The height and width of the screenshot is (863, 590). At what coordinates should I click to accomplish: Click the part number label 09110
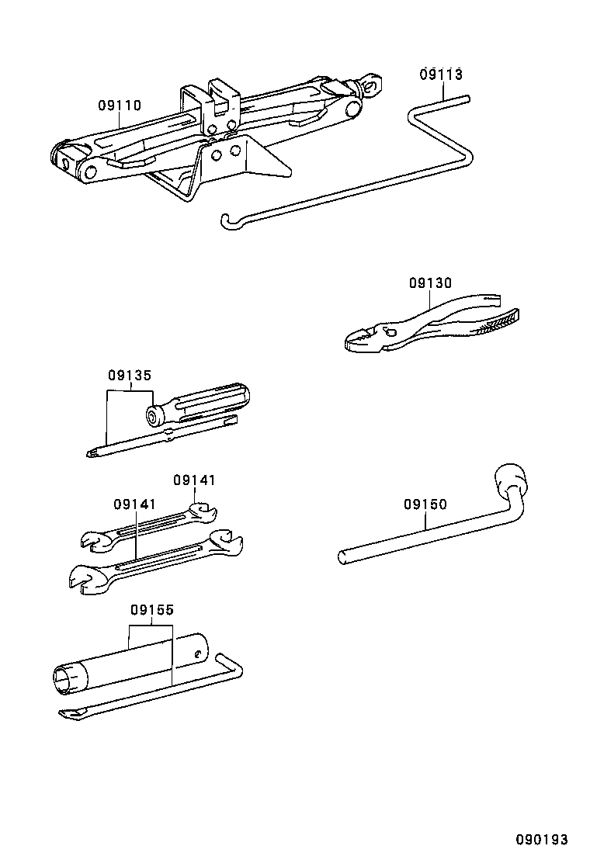(120, 106)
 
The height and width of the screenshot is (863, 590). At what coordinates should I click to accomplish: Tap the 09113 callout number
(441, 75)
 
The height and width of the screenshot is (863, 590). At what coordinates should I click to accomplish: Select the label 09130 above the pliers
(430, 283)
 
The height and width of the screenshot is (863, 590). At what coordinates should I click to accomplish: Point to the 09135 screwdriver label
(130, 376)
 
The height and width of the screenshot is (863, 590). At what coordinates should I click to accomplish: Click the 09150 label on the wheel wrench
(425, 504)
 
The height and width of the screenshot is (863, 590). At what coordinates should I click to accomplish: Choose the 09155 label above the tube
(151, 610)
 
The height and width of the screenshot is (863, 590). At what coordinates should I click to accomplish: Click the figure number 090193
(543, 840)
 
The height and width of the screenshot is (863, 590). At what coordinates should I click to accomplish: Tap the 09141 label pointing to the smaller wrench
(194, 480)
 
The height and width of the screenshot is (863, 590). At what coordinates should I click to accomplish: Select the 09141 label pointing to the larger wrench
(135, 504)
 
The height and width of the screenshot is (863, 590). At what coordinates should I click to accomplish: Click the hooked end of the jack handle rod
(226, 223)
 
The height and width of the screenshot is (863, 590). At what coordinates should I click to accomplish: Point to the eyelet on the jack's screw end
(375, 83)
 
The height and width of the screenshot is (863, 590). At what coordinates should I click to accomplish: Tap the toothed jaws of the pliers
(362, 338)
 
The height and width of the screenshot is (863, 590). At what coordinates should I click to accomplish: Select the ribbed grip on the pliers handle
(497, 321)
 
